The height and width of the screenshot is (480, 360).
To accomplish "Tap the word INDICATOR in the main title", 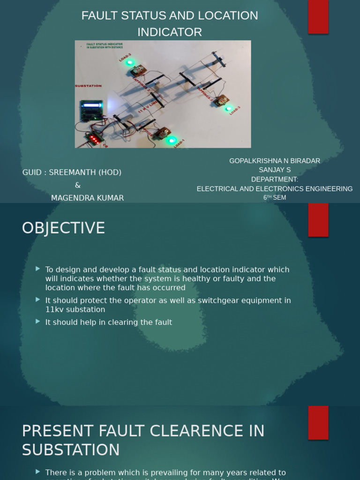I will (x=170, y=32).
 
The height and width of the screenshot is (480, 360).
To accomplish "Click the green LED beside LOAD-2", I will (x=130, y=62).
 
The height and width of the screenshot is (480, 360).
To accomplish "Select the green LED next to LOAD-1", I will (x=172, y=140).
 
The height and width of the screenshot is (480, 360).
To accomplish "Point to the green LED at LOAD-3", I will (x=228, y=109).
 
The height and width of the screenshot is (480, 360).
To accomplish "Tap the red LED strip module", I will (x=94, y=139).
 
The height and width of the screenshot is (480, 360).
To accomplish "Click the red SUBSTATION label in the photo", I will (x=88, y=86).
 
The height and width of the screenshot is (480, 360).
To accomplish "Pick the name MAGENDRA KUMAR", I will (x=87, y=198).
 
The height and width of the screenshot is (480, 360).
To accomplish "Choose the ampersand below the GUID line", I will (x=78, y=185).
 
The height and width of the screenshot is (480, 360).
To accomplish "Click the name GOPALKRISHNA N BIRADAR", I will (x=275, y=161).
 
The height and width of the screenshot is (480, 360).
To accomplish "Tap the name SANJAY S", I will (x=275, y=170).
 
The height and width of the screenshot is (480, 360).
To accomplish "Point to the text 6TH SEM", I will (x=275, y=198).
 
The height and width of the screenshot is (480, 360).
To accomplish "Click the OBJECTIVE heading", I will (x=63, y=228).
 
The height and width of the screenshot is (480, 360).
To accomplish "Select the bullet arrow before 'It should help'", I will (x=37, y=322).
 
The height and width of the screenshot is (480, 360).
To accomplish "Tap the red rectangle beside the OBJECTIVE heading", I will (x=318, y=220).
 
